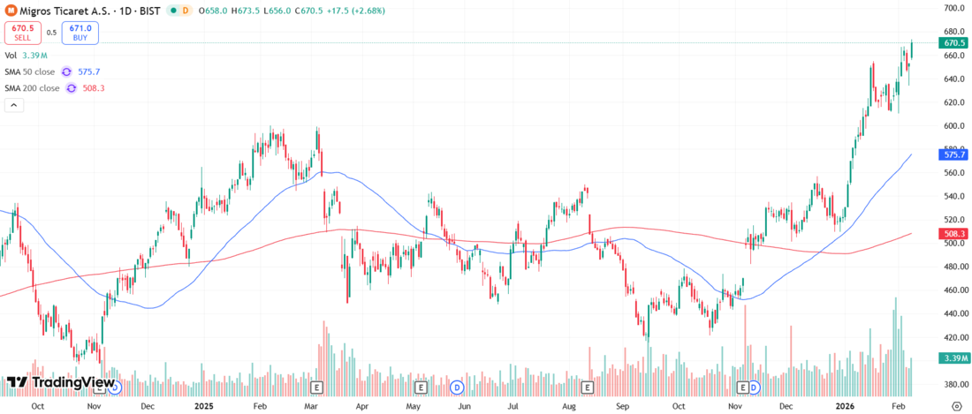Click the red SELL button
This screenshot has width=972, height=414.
[x=21, y=33]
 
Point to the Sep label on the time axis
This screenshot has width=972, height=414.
[x=623, y=406]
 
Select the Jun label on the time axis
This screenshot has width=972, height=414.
[x=464, y=406]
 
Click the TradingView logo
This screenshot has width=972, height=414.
[x=61, y=382]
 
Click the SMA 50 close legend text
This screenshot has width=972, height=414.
[x=31, y=72]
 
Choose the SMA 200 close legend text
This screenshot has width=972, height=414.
[x=33, y=88]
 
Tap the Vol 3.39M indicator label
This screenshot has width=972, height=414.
[x=27, y=55]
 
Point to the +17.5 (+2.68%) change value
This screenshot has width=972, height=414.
[x=350, y=10]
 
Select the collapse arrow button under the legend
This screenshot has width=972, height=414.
[x=13, y=105]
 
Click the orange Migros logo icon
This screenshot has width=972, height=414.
[x=11, y=10]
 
